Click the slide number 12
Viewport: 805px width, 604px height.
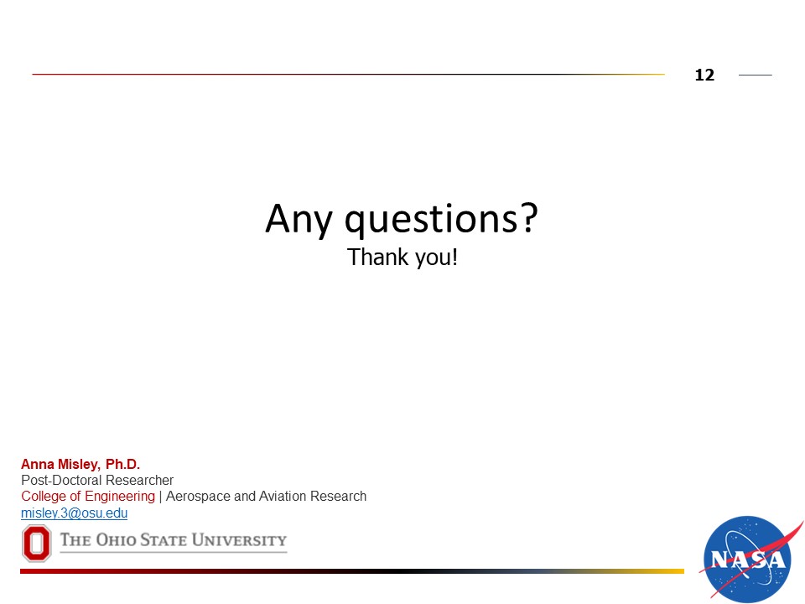point(704,75)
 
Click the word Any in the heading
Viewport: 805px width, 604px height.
point(299,220)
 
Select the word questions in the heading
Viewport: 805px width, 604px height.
point(430,220)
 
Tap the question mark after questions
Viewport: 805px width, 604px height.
point(528,217)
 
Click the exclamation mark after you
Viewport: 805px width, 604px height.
point(454,257)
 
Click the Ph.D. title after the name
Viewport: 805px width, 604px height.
point(122,464)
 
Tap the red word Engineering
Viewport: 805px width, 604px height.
point(120,497)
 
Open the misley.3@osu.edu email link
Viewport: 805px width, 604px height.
point(75,513)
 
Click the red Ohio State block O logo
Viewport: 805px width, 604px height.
point(36,543)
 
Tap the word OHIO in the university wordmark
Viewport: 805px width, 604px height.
point(116,539)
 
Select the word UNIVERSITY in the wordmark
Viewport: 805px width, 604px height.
point(239,539)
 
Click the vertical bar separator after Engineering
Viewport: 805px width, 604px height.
point(161,497)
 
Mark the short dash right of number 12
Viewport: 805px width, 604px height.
point(756,75)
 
